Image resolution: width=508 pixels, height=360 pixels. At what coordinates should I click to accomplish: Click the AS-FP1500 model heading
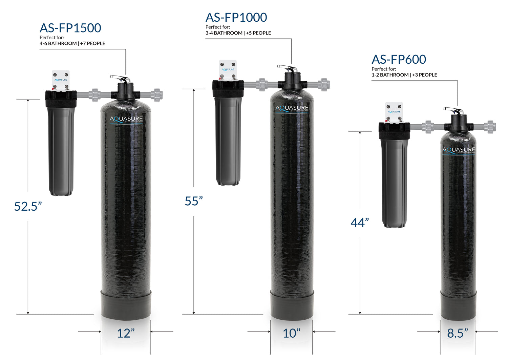click(70, 28)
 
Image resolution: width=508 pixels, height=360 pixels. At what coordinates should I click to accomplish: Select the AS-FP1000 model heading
click(236, 18)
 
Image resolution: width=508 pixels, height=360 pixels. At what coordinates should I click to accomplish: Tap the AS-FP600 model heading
click(399, 60)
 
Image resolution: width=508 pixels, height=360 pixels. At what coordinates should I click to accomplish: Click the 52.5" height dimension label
click(28, 206)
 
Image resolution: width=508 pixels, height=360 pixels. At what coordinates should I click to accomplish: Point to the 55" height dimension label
click(194, 201)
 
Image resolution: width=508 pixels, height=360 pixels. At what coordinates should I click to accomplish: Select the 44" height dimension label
click(360, 223)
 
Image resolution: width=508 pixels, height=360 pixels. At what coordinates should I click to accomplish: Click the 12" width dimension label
click(126, 333)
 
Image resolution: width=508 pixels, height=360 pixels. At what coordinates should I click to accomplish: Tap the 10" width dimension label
click(292, 333)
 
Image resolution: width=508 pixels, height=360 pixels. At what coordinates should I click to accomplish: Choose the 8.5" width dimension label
click(458, 333)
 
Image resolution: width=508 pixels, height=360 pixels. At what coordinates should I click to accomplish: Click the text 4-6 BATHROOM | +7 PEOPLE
click(72, 43)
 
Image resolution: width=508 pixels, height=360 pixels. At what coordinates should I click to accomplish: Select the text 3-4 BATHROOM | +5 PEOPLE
click(238, 33)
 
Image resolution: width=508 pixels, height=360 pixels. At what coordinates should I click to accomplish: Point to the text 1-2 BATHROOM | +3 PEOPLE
click(404, 75)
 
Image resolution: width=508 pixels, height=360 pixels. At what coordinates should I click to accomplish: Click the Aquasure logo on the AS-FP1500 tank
click(126, 119)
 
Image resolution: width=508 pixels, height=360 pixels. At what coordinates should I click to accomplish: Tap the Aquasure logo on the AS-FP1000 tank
click(292, 108)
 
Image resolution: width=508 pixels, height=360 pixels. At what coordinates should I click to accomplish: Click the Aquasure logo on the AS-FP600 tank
click(459, 150)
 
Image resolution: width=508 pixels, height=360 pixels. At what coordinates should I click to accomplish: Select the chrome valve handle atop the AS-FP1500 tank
click(121, 79)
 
